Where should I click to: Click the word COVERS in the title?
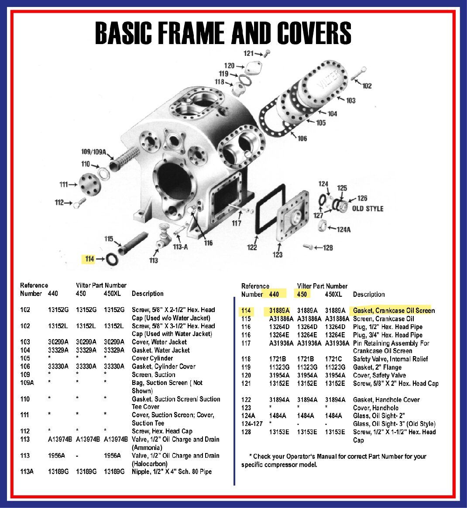click(x=314, y=33)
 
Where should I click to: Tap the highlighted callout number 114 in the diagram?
click(x=89, y=259)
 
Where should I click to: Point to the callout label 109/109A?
click(x=93, y=152)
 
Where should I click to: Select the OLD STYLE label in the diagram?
click(x=367, y=209)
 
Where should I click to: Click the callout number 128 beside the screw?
click(x=328, y=248)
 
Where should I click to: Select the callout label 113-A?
click(x=180, y=247)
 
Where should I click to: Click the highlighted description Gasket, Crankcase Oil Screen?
click(x=394, y=311)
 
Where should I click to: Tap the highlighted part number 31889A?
click(x=279, y=311)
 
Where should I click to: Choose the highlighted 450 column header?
click(x=302, y=294)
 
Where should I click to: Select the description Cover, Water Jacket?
click(x=159, y=342)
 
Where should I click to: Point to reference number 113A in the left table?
click(x=27, y=472)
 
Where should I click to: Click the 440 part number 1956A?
click(x=56, y=456)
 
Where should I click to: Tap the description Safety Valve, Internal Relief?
click(x=390, y=359)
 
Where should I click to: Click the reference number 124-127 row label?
click(x=252, y=424)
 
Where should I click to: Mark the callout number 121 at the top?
click(x=248, y=53)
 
